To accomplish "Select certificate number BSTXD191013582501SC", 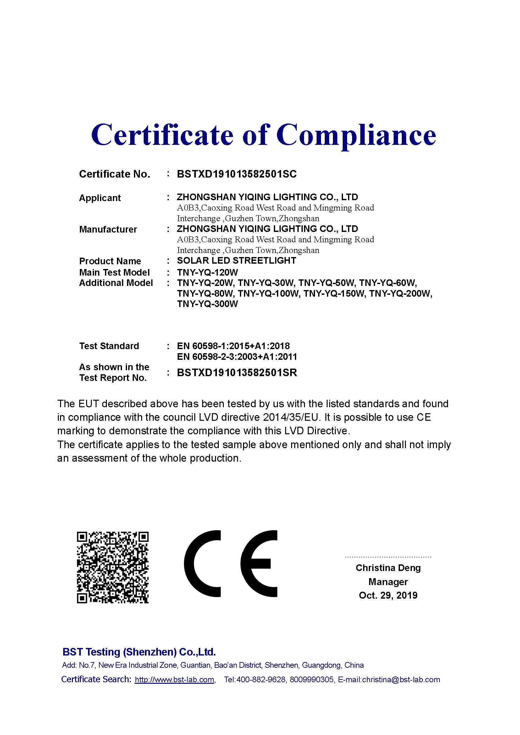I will point(237,174).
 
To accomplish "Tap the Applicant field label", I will point(100,198).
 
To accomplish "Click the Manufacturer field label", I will point(108,229).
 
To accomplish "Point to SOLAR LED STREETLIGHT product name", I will point(236,261).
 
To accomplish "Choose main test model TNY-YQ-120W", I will point(207,272).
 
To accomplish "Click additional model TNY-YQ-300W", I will point(207,304).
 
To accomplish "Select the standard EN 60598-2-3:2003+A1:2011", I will point(237,357).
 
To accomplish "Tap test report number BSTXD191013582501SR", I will point(237,373).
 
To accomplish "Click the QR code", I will point(113,568).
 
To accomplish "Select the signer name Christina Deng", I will point(388,568).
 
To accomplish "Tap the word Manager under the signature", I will point(388,582).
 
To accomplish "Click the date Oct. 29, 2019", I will point(388,595).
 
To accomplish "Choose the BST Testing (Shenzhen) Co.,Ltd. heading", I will point(139,652).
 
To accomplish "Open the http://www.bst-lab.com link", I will point(174,680).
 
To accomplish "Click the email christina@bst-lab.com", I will point(401,680).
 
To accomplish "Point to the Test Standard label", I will point(109,346).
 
